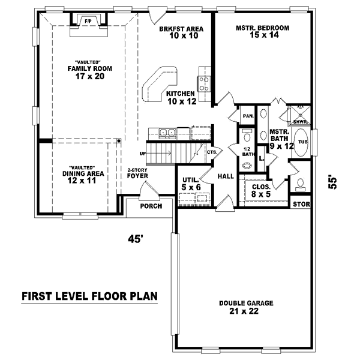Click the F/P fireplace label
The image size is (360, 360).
(x=88, y=21)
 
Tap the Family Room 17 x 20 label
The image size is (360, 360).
(x=86, y=72)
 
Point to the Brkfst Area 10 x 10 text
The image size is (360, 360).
(x=181, y=32)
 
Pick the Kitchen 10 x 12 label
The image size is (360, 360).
(x=181, y=98)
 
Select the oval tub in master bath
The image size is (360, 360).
(x=302, y=142)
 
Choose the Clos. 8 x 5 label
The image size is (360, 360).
(x=261, y=190)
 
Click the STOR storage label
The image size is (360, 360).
(x=301, y=205)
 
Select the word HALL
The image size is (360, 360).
(x=225, y=176)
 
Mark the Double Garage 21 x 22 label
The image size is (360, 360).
(x=247, y=307)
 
